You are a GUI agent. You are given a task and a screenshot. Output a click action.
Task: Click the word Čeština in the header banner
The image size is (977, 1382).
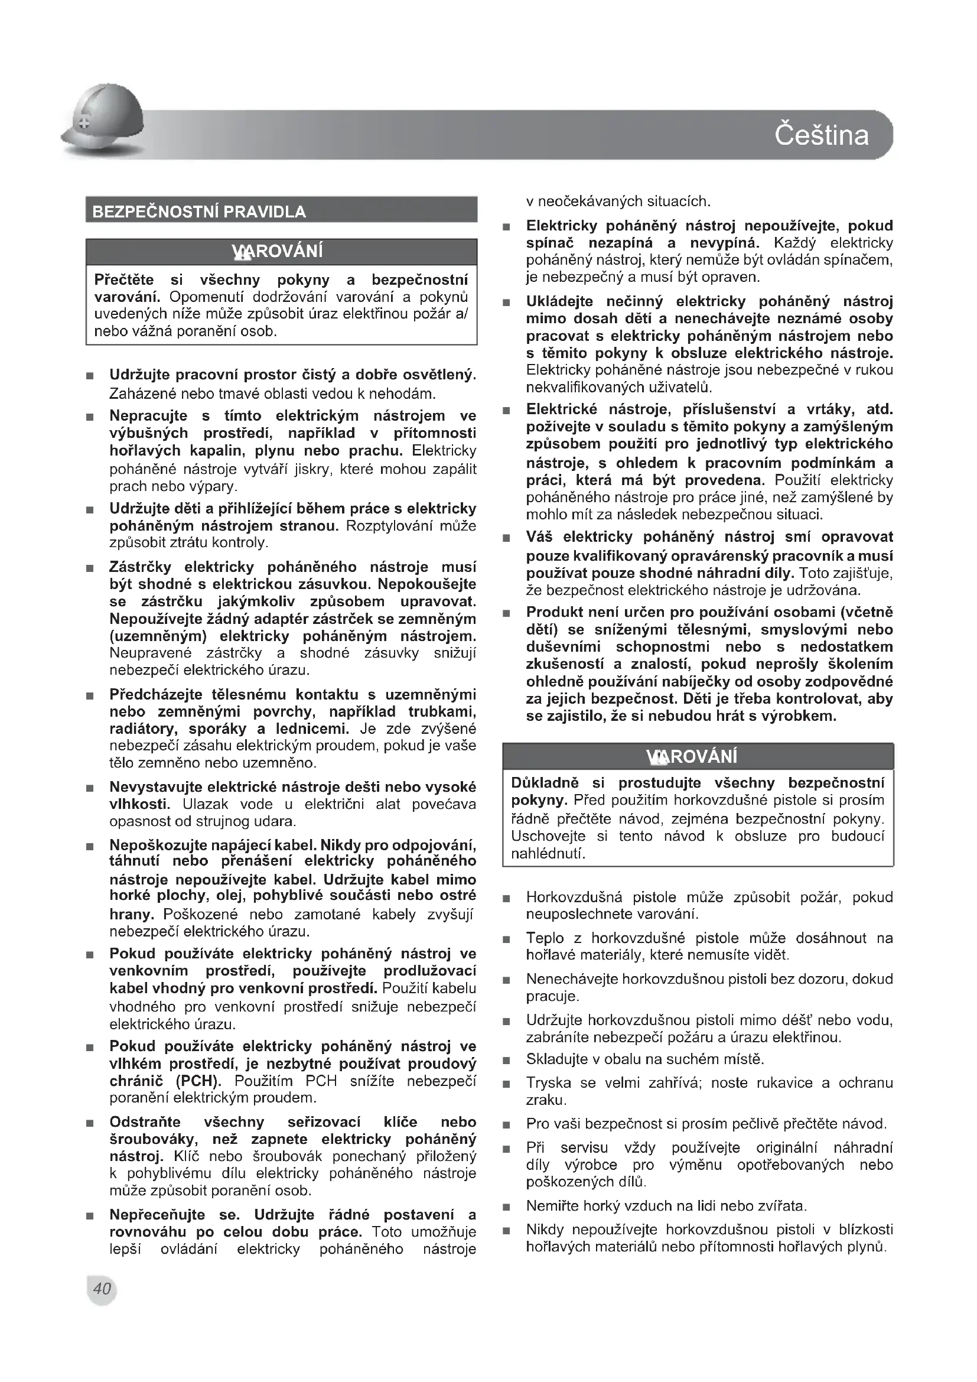pos(821,134)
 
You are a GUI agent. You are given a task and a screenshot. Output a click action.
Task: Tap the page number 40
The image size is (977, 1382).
pos(102,1289)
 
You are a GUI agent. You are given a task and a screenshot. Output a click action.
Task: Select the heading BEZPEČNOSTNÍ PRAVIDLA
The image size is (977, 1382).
pos(198,212)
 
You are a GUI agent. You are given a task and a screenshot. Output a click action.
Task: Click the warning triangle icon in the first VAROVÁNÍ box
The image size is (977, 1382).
pos(242,252)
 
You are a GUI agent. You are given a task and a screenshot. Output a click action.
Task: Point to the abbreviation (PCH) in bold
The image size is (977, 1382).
pos(198,1081)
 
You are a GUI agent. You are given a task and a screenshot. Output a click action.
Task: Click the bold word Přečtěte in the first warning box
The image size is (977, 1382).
pos(124,280)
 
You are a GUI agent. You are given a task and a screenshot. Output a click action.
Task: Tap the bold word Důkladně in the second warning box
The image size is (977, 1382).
pos(545,783)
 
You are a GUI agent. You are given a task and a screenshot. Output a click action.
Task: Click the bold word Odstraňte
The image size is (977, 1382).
pos(145,1122)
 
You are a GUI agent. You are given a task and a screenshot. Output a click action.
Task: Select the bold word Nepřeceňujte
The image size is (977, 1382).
pos(157,1215)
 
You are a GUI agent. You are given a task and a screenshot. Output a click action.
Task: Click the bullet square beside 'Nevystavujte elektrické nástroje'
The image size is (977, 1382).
pos(90,789)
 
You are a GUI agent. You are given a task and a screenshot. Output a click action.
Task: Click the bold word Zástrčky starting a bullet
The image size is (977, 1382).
pos(140,567)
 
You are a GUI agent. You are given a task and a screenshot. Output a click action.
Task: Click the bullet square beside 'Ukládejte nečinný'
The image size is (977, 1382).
pos(507,303)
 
